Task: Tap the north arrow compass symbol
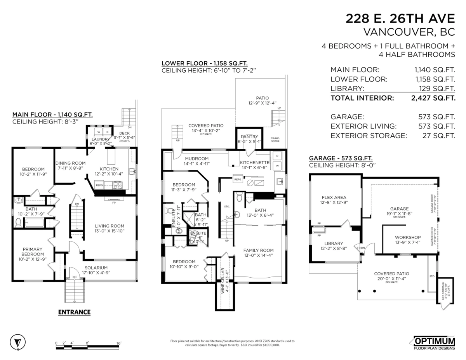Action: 17,343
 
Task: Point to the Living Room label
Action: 110,228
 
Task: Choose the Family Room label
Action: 258,252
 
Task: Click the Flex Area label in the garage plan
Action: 334,200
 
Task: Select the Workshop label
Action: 408,240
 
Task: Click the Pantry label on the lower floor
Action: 249,139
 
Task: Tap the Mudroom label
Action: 196,161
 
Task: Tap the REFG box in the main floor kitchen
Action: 99,185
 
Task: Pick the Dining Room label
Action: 70,165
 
